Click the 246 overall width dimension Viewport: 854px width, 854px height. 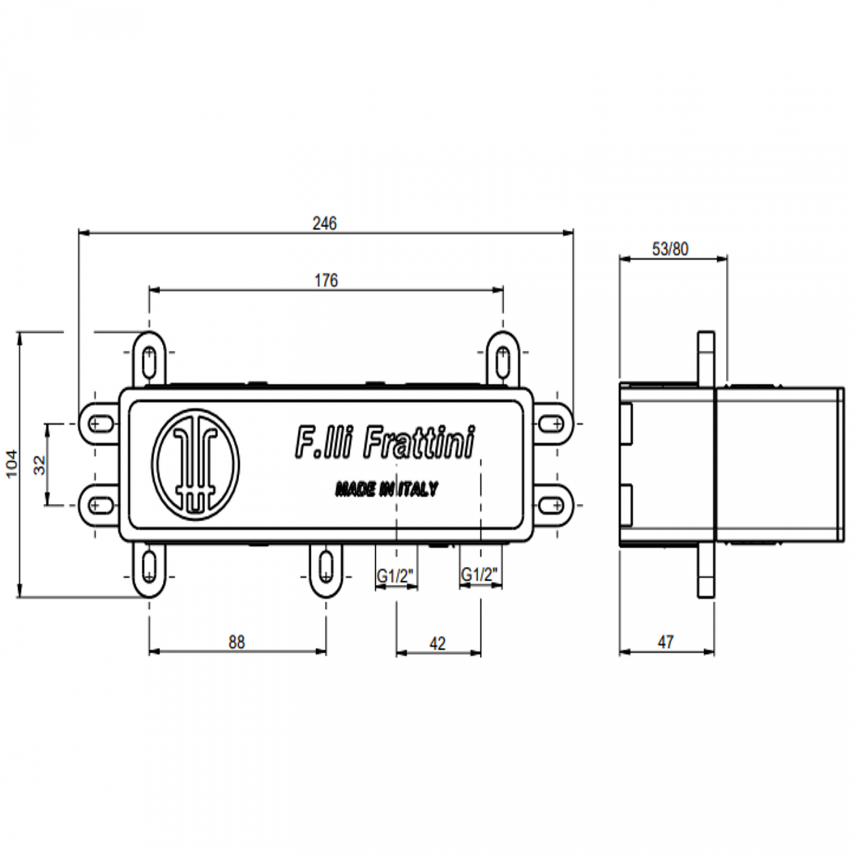click(x=325, y=223)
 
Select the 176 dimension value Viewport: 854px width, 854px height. click(x=326, y=281)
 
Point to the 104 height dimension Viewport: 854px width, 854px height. click(x=12, y=464)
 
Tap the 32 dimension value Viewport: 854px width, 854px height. click(x=41, y=464)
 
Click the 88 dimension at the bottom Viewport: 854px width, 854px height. click(x=236, y=642)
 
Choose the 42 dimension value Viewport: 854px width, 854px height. click(x=437, y=643)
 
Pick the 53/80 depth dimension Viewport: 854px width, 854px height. click(x=671, y=249)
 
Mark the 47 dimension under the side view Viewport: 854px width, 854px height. click(x=665, y=642)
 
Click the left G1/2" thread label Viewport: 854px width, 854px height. click(x=395, y=575)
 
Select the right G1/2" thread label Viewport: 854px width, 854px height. click(x=480, y=575)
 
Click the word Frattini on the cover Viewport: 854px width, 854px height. click(x=418, y=442)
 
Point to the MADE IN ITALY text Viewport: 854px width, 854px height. click(x=386, y=489)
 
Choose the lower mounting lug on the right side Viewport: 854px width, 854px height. click(x=552, y=505)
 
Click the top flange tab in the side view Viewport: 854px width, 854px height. click(x=706, y=355)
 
